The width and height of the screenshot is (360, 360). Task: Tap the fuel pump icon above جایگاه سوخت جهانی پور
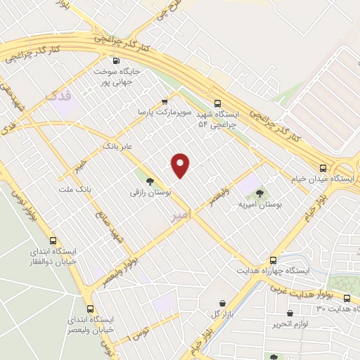click(x=117, y=60)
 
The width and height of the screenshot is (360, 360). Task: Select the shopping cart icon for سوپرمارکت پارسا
click(x=165, y=101)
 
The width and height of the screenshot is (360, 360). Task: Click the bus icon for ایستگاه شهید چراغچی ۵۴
click(x=217, y=102)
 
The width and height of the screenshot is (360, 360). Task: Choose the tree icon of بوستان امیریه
click(x=259, y=193)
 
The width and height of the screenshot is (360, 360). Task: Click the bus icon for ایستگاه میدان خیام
click(x=323, y=169)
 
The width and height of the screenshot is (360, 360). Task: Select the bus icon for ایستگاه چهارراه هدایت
click(x=273, y=260)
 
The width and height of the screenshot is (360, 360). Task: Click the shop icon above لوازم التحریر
click(x=290, y=313)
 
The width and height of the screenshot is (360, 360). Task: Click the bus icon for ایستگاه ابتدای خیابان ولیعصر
click(x=89, y=308)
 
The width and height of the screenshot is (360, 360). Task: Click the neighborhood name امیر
click(x=181, y=219)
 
